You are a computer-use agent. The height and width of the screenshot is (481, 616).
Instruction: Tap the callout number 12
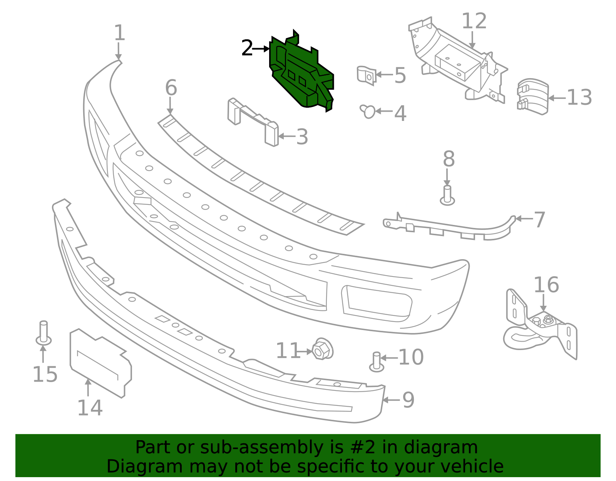(474, 21)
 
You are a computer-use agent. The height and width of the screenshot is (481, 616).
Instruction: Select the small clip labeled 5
(366, 75)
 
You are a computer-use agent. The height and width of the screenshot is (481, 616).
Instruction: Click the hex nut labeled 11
(322, 349)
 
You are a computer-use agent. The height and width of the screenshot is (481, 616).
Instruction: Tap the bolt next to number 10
(377, 362)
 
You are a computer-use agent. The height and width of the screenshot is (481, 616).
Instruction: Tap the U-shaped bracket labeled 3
(252, 121)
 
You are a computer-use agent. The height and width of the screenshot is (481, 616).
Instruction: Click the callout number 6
(171, 88)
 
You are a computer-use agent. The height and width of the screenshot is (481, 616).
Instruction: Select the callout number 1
(120, 33)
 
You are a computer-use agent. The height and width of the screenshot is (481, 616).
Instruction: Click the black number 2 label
(247, 49)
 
